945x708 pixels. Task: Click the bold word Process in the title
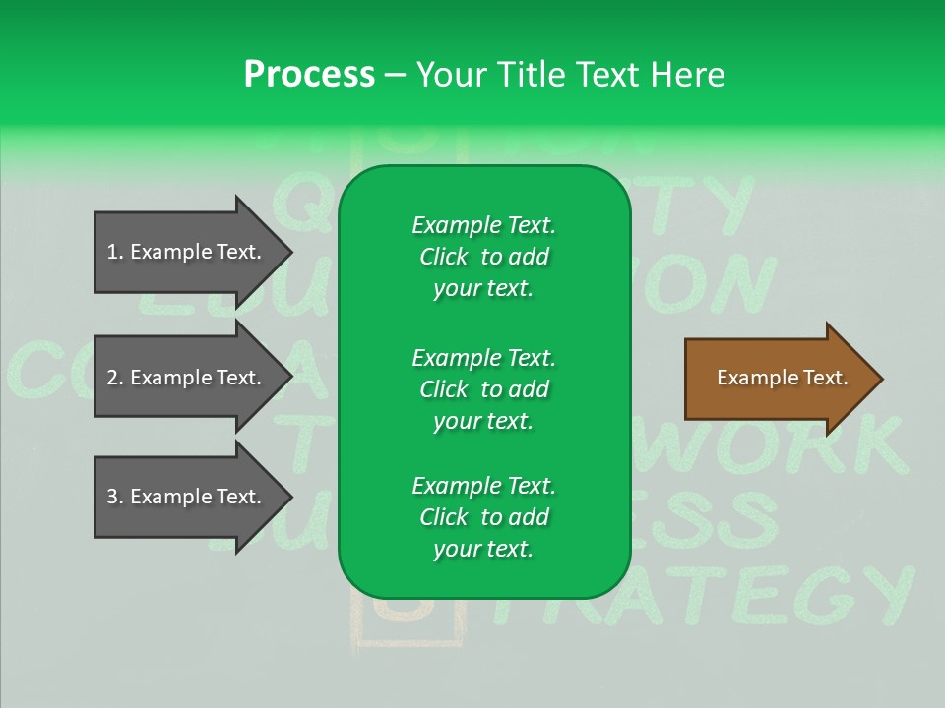point(309,74)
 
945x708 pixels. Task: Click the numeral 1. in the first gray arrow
point(115,252)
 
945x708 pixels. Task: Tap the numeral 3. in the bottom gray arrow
point(115,497)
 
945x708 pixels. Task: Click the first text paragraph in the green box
point(483,257)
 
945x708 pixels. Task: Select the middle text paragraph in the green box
point(483,389)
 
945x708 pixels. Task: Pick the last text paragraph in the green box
point(483,517)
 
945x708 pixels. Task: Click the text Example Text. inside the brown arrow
point(783,378)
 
